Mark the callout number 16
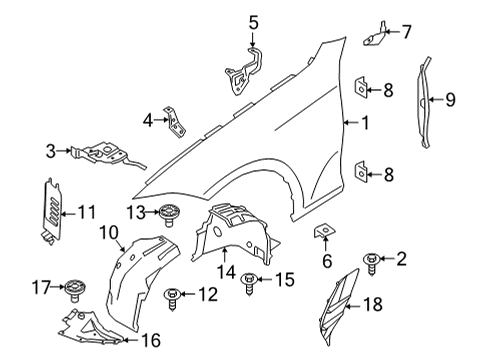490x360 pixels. pos(150,340)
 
